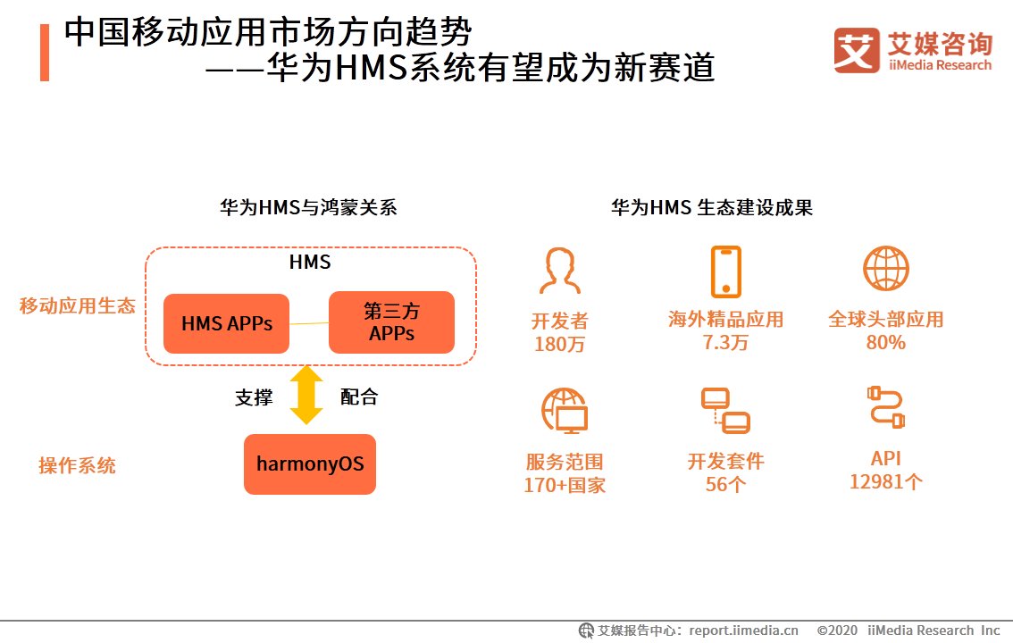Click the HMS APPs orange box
pyautogui.click(x=226, y=323)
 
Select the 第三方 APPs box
pyautogui.click(x=391, y=322)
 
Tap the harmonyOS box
pyautogui.click(x=310, y=464)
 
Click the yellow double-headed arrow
pyautogui.click(x=306, y=395)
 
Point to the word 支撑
pyautogui.click(x=253, y=397)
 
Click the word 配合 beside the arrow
pyautogui.click(x=359, y=397)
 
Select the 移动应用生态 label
pyautogui.click(x=78, y=306)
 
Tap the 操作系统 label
pyautogui.click(x=77, y=466)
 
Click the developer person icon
pyautogui.click(x=560, y=271)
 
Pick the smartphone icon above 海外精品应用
pyautogui.click(x=725, y=271)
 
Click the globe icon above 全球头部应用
pyautogui.click(x=885, y=269)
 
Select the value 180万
pyautogui.click(x=560, y=344)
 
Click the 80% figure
pyautogui.click(x=885, y=343)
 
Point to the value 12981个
pyautogui.click(x=885, y=482)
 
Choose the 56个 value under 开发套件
pyautogui.click(x=725, y=485)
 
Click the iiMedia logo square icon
pyautogui.click(x=857, y=50)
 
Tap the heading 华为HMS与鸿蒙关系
pyautogui.click(x=308, y=208)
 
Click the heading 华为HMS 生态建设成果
pyautogui.click(x=711, y=208)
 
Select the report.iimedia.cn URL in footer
pyautogui.click(x=744, y=630)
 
